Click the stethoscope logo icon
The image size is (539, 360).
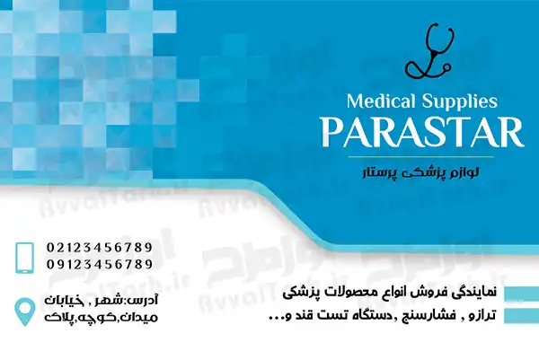429,51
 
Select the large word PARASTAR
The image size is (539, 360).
422,133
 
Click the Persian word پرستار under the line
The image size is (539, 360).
379,172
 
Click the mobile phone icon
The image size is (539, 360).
25,258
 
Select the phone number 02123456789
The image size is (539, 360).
100,247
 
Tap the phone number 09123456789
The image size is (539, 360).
100,264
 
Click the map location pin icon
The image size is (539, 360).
25,312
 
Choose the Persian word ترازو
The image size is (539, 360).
483,315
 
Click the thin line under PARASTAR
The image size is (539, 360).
421,157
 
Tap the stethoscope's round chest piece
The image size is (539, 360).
446,67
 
